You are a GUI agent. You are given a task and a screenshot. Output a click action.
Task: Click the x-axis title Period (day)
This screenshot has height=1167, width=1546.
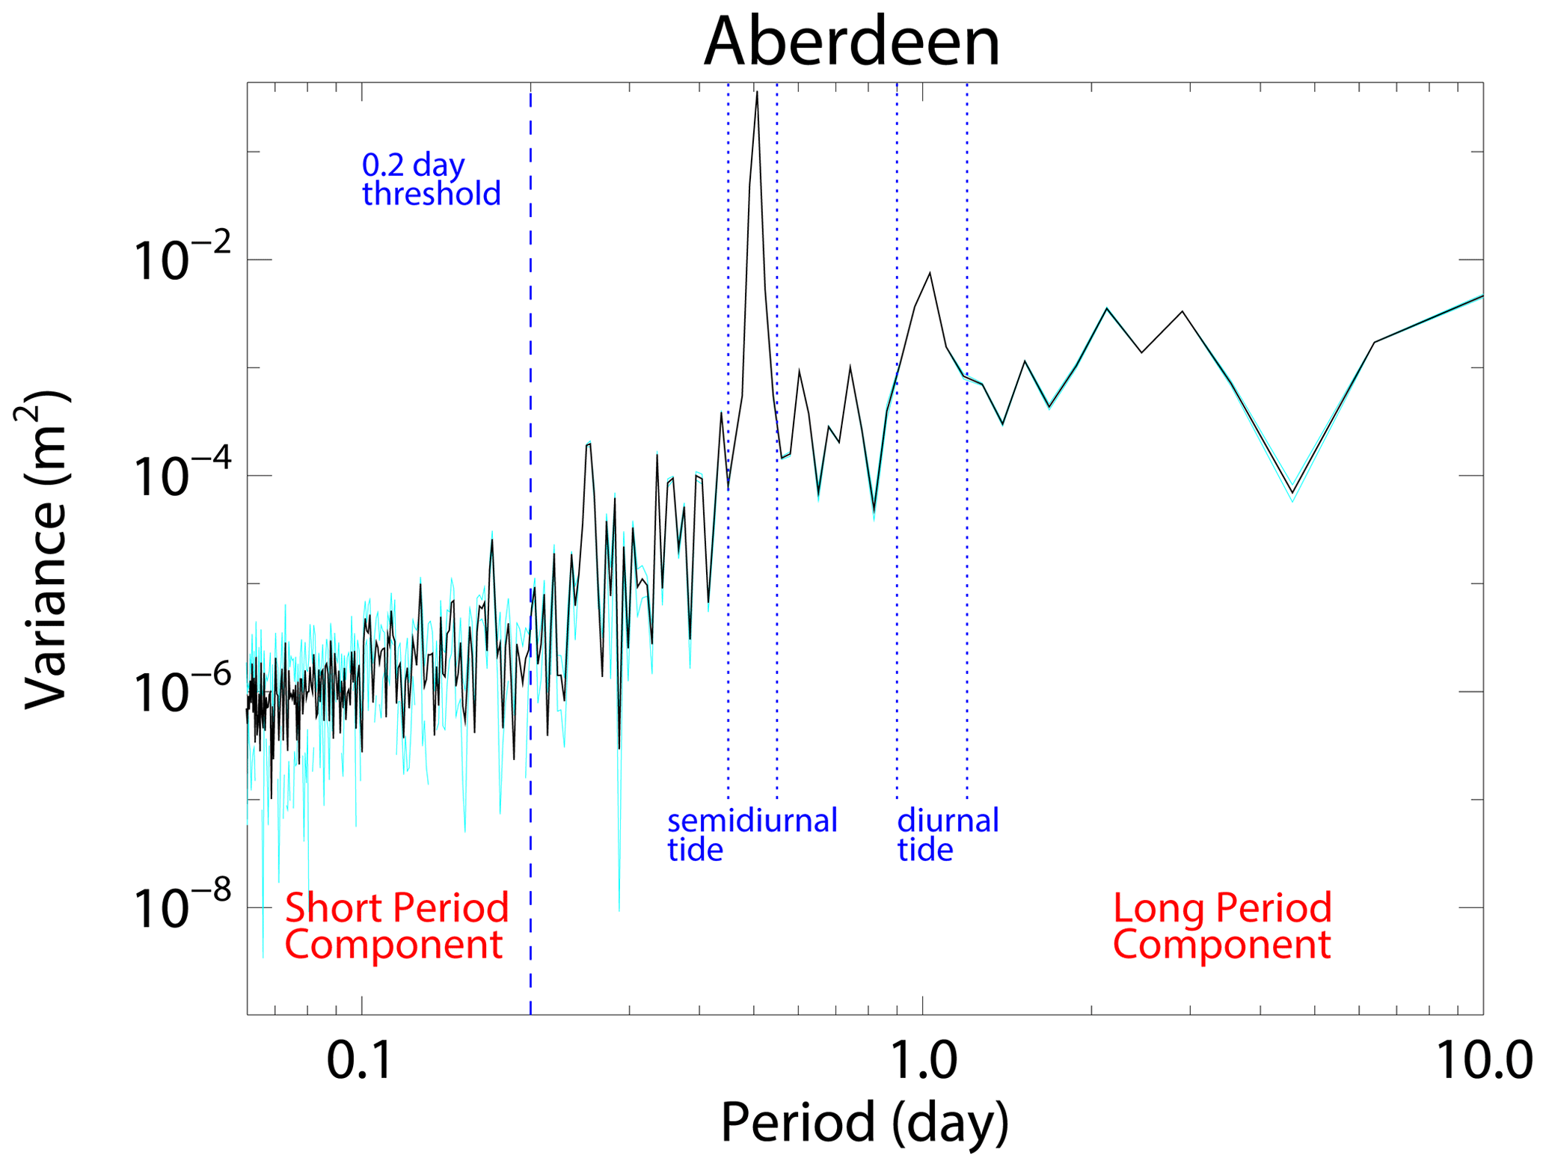[x=864, y=1123]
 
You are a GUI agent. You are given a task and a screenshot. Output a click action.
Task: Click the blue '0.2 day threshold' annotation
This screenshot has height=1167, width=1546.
[x=431, y=180]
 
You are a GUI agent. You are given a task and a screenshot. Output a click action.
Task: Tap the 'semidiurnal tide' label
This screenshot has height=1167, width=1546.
[x=752, y=835]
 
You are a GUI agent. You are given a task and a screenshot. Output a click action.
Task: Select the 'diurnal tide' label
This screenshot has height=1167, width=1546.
[x=948, y=835]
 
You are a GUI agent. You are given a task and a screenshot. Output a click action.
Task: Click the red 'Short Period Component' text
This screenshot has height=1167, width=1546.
[x=396, y=925]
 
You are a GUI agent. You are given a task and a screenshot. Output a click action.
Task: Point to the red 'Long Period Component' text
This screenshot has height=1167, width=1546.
[x=1222, y=925]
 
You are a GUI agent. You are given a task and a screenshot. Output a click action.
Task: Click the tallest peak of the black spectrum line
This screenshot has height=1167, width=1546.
[x=757, y=92]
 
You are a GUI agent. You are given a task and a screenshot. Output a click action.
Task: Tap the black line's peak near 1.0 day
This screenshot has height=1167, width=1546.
[x=930, y=273]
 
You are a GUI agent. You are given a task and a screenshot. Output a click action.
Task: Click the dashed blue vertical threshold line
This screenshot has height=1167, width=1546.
[x=530, y=524]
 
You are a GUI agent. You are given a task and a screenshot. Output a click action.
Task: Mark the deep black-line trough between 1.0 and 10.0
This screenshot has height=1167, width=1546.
[x=1292, y=492]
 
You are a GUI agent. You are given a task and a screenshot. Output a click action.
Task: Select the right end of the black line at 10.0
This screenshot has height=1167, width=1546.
[x=1482, y=296]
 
